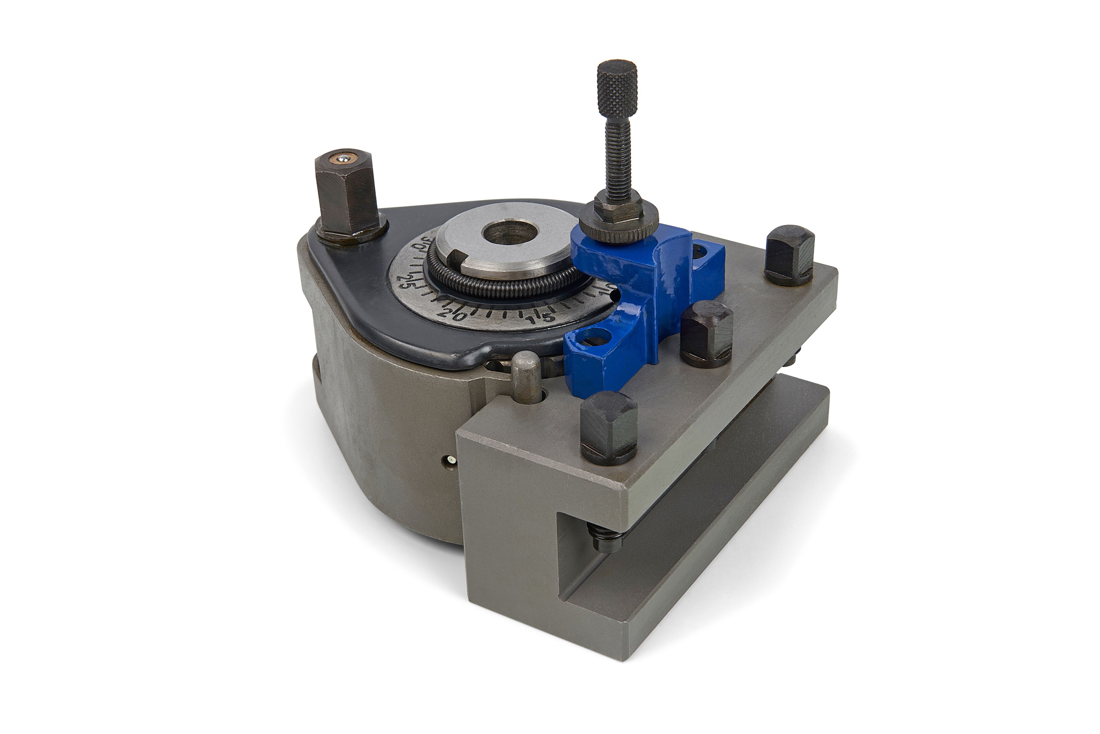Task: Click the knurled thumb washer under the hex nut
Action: (x=618, y=225)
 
